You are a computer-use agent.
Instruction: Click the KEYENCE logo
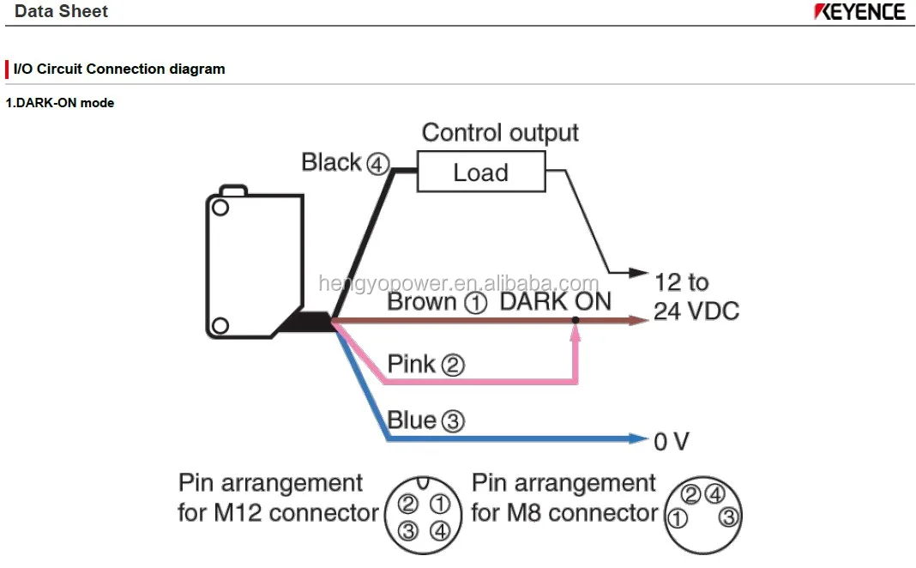pos(859,12)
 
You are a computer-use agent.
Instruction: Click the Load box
pos(480,172)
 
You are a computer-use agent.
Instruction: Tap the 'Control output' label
pos(500,133)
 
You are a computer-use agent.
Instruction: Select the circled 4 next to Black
pos(377,163)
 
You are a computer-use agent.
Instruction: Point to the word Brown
pos(421,302)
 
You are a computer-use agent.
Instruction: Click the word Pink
pos(411,364)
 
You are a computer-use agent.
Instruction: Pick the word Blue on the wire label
pos(412,420)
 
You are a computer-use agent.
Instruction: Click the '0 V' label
pos(671,442)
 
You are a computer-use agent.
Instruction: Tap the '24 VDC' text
pos(696,311)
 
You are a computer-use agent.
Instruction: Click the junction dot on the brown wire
pos(576,321)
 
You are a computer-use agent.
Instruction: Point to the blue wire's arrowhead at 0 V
pos(639,439)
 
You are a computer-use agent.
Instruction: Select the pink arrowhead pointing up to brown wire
pos(576,335)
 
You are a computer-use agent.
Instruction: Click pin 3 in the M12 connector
pos(408,531)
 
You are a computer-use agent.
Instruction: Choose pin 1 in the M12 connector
pos(439,504)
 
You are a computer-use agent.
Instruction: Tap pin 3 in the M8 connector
pos(728,517)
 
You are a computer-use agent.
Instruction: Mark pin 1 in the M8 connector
pos(678,518)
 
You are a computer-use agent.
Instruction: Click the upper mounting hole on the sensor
pos(220,208)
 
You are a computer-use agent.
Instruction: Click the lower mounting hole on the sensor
pos(220,324)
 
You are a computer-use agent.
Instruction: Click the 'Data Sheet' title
pos(62,12)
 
